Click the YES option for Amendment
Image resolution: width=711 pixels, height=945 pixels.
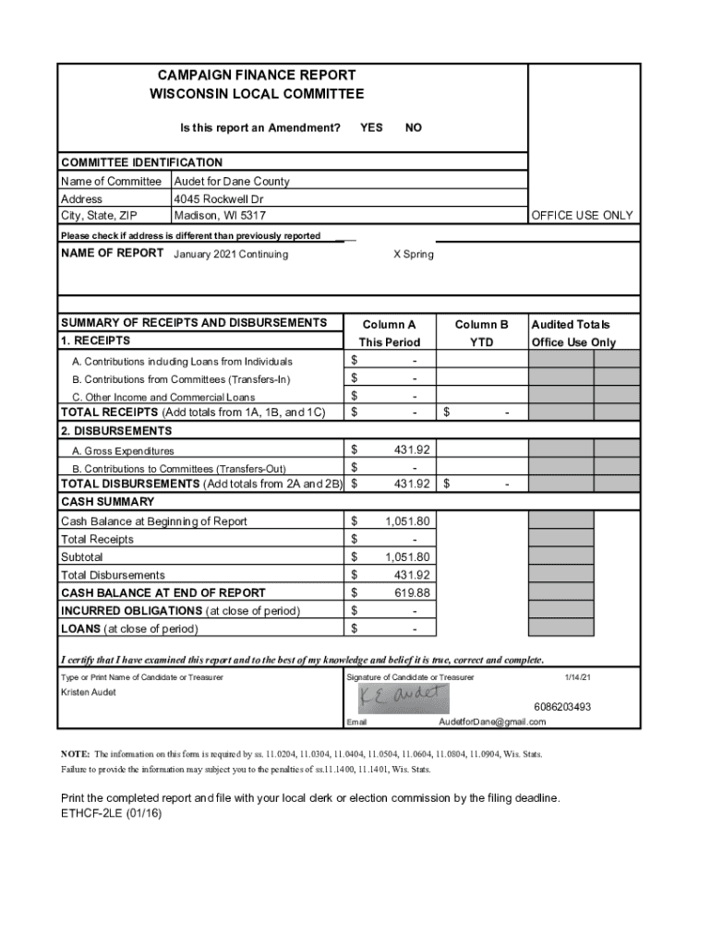coord(371,127)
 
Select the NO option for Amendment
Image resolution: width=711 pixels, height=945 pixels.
coord(414,127)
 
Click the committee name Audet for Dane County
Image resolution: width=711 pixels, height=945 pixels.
coord(231,182)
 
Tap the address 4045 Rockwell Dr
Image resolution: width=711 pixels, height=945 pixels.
coord(219,198)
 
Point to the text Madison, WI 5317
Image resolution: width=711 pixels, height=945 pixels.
coord(220,215)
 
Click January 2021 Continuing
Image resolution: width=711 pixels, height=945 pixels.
coord(231,255)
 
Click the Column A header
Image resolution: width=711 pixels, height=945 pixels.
coord(389,325)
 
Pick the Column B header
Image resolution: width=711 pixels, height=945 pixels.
coord(481,325)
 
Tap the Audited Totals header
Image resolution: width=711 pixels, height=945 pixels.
coord(571,325)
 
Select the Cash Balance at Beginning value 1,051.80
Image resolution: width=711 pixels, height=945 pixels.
coord(407,521)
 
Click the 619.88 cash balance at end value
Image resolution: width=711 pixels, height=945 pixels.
coord(412,592)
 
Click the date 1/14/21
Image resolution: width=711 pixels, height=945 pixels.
coord(578,677)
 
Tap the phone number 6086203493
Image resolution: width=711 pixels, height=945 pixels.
coord(562,707)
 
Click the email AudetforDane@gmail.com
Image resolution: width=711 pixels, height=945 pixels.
coord(492,722)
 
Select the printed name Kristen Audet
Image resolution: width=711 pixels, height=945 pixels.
coord(89,692)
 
